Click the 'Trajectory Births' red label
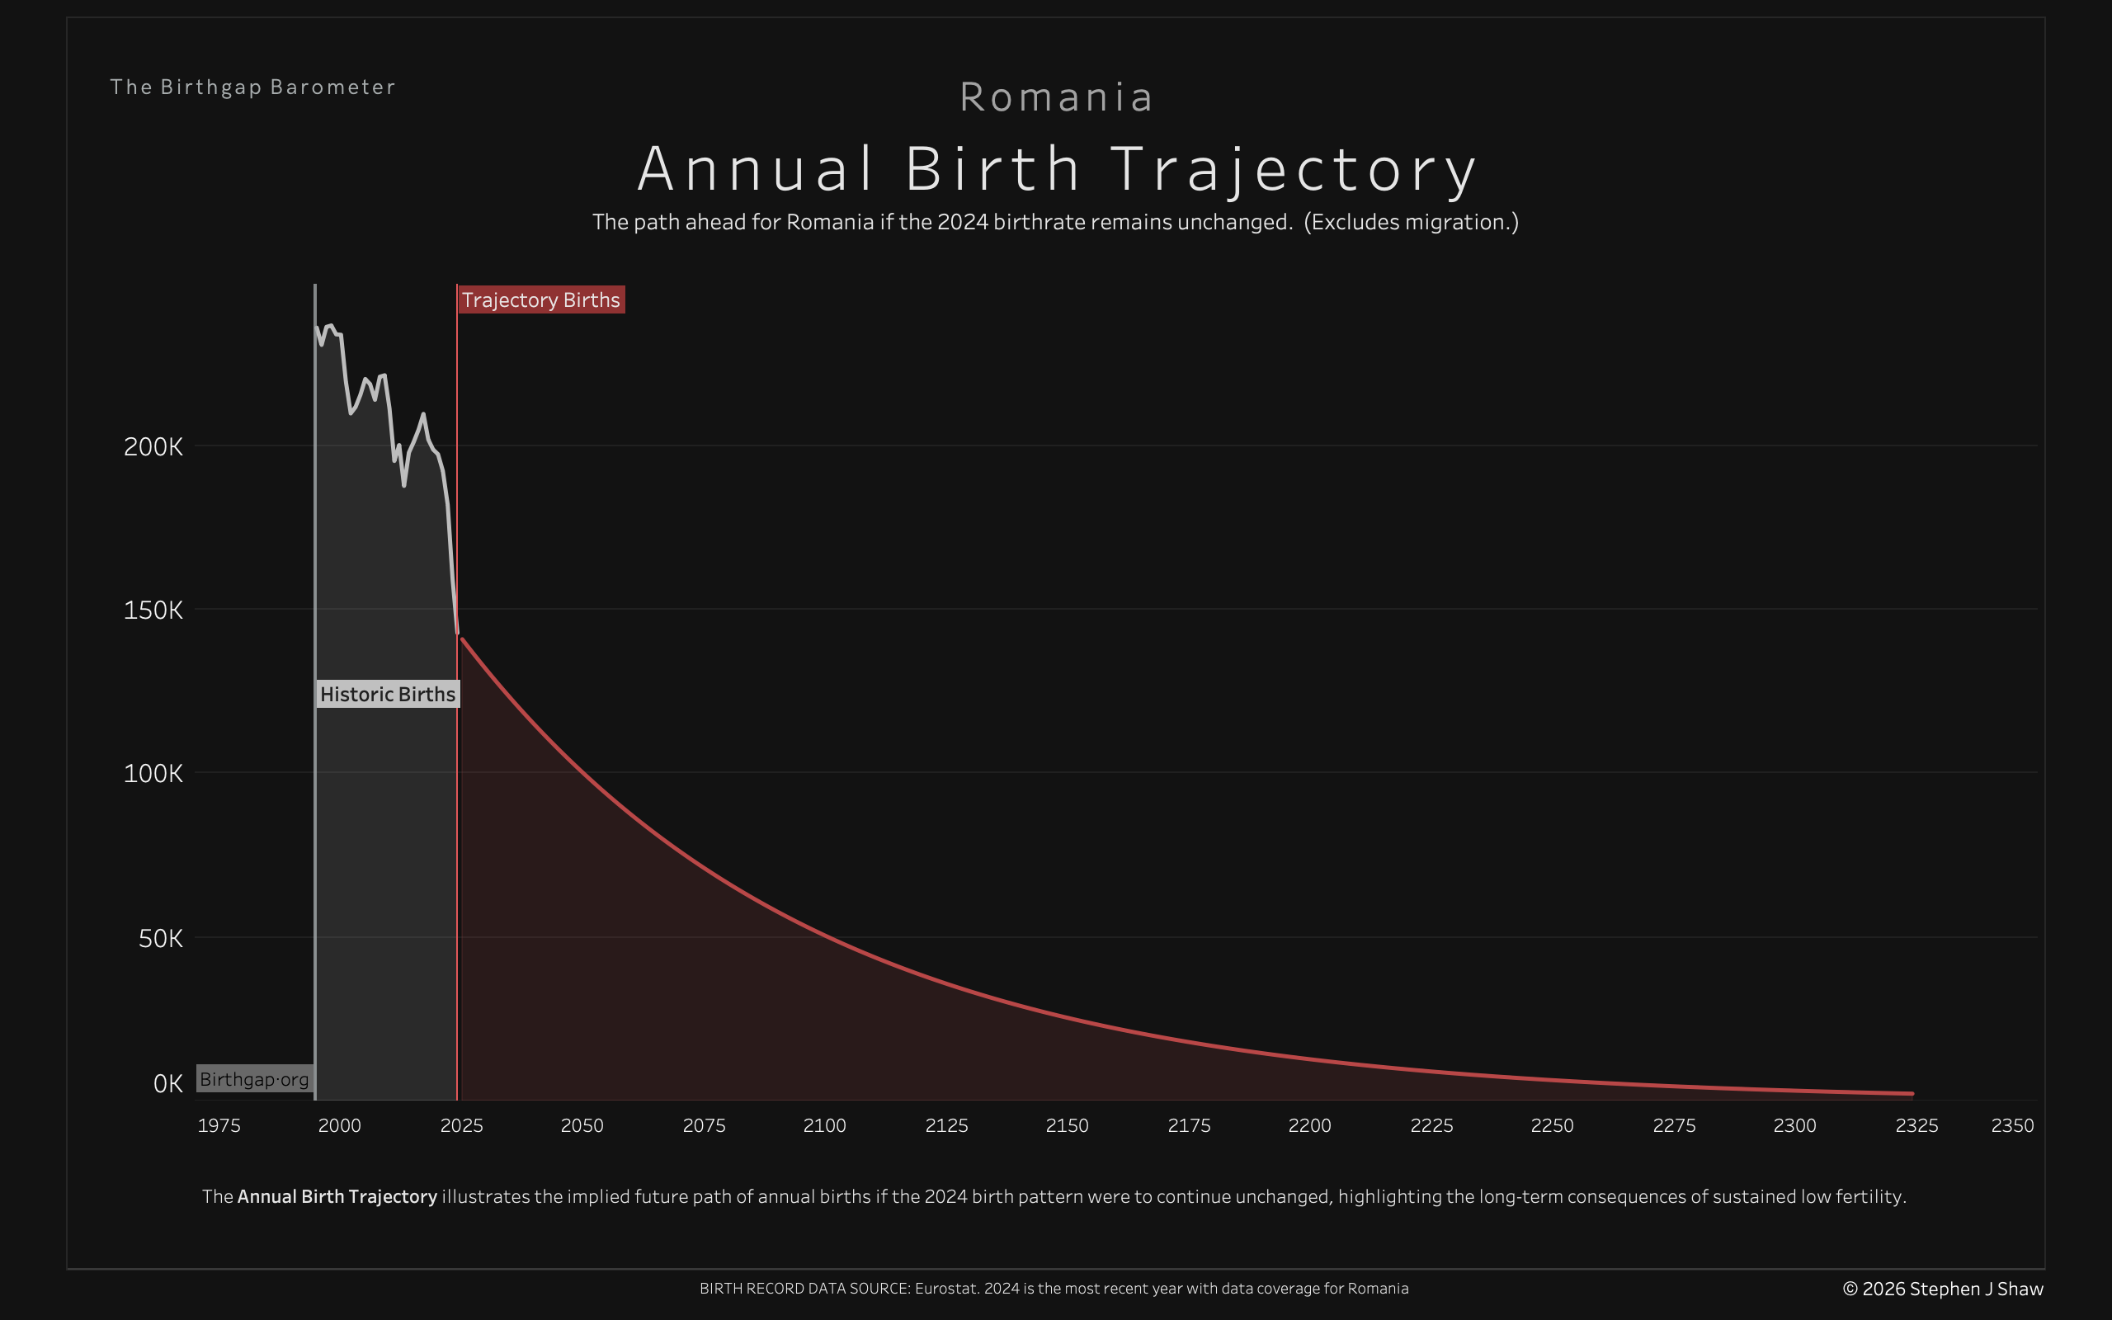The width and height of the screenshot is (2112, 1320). point(541,299)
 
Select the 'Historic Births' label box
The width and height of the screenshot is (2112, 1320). point(388,694)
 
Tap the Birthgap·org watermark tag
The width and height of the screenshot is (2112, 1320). point(254,1079)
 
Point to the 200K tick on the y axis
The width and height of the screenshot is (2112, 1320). point(153,447)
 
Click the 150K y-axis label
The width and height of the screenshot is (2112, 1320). point(153,610)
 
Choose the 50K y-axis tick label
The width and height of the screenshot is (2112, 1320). point(161,939)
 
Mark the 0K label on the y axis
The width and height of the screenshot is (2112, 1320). point(167,1083)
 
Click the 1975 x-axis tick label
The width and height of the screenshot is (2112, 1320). point(219,1125)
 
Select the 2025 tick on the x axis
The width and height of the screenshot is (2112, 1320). point(462,1125)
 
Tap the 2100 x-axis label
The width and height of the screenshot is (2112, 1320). point(825,1125)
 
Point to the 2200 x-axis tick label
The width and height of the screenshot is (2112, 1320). point(1310,1125)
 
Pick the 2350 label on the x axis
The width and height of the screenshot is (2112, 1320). point(2012,1125)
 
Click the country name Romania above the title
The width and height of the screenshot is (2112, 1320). point(1056,97)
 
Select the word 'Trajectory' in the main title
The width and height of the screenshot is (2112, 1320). point(1294,169)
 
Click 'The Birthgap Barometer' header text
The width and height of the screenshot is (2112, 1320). point(253,87)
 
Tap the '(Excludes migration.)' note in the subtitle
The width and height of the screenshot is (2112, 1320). point(1412,222)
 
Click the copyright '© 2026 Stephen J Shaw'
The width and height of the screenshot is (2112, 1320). point(1943,1289)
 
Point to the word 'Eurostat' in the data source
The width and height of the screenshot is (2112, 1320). point(945,1289)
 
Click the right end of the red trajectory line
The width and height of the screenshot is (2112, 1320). point(1912,1093)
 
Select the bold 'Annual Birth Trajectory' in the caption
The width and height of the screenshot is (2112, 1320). point(337,1196)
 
